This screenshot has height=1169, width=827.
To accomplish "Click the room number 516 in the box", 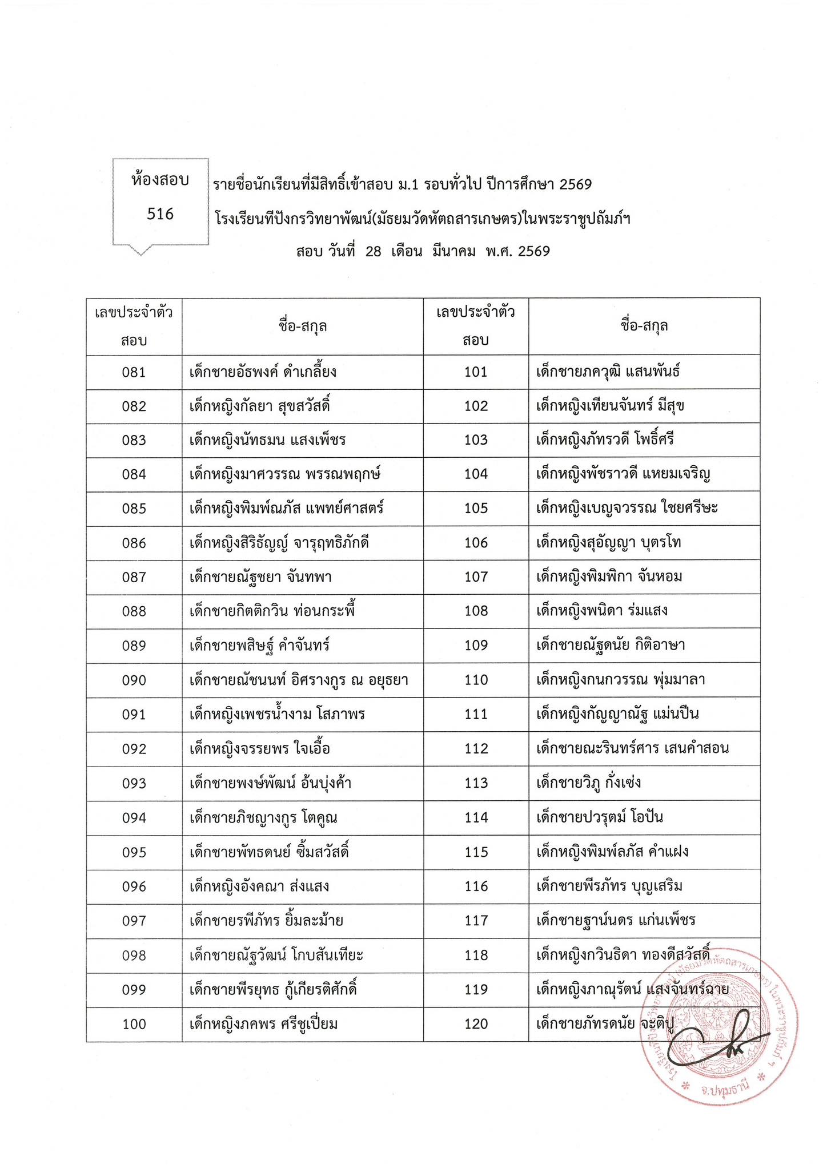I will [160, 214].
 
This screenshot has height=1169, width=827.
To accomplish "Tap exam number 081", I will [134, 373].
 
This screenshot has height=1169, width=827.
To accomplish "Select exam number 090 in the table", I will [134, 680].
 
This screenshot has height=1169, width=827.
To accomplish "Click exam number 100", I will [134, 1024].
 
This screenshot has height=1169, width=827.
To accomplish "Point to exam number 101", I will [476, 372].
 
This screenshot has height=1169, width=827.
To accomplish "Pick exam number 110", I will [476, 680].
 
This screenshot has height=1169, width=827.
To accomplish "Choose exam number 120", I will [476, 1024].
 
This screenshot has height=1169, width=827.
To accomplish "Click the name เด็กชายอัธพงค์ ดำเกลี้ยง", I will [263, 373].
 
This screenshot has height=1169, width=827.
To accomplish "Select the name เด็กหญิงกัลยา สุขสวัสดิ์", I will [260, 406].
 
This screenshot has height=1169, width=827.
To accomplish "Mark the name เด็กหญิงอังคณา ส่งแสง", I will [259, 886].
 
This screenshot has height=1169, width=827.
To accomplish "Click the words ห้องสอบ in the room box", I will [160, 180].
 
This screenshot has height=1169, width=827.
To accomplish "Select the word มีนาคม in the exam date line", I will [454, 251].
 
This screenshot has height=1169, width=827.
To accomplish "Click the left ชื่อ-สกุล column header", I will [303, 326].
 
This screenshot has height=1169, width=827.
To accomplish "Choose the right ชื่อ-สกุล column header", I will [644, 326].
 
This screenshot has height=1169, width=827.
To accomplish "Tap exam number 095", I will [134, 852].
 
